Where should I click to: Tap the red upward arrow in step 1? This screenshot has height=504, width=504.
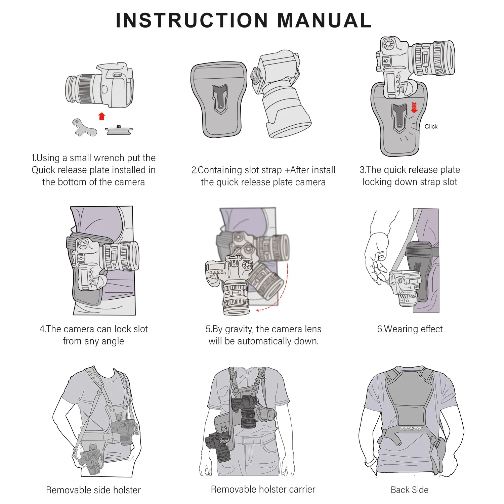101,117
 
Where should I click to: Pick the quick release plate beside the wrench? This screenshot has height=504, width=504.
119,130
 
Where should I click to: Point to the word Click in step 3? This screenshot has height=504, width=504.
431,127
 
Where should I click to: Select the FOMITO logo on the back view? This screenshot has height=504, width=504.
410,429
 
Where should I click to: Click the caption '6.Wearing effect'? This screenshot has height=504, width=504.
410,329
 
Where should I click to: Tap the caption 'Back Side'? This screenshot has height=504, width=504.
409,490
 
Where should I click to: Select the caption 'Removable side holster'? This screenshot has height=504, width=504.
93,490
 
